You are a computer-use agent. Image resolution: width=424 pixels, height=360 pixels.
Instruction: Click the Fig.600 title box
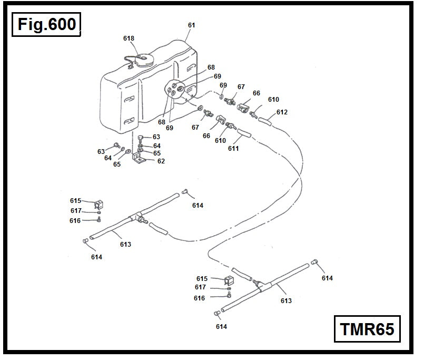pyautogui.click(x=46, y=25)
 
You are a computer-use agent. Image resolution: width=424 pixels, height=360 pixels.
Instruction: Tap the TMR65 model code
pyautogui.click(x=367, y=329)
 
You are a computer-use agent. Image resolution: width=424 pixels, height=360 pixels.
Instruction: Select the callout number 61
pyautogui.click(x=191, y=25)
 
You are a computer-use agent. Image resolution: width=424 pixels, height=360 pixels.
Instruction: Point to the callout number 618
pyautogui.click(x=129, y=38)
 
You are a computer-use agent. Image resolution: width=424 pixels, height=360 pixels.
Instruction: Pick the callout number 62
pyautogui.click(x=161, y=161)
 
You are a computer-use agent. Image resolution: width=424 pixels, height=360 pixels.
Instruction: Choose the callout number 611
pyautogui.click(x=233, y=149)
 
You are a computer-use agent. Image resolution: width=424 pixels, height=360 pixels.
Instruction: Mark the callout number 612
pyautogui.click(x=282, y=112)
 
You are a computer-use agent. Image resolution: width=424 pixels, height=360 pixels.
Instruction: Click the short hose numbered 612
pyautogui.click(x=267, y=122)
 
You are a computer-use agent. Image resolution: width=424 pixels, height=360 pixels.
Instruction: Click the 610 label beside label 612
pyautogui.click(x=273, y=100)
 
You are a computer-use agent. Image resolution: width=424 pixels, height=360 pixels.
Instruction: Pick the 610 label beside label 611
pyautogui.click(x=220, y=141)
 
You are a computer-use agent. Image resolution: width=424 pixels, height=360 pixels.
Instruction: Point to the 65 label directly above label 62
pyautogui.click(x=156, y=153)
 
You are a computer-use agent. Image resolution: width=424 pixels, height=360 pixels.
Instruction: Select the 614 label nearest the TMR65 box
pyautogui.click(x=327, y=278)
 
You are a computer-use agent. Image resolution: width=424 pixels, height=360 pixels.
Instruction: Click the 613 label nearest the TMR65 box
pyautogui.click(x=285, y=301)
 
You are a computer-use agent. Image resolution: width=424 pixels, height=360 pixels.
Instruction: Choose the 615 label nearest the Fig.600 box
pyautogui.click(x=76, y=201)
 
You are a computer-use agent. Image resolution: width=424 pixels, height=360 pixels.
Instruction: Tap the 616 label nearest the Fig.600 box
pyautogui.click(x=75, y=221)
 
